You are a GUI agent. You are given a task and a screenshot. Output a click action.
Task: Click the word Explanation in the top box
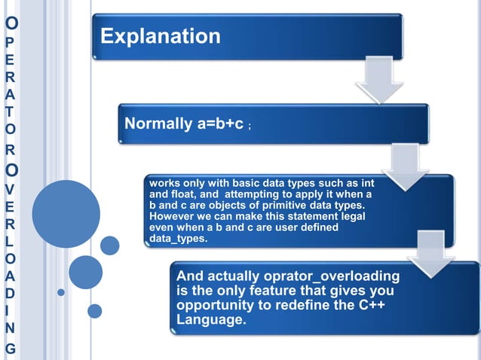point(161,36)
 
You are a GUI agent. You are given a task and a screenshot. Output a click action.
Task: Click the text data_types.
point(178,239)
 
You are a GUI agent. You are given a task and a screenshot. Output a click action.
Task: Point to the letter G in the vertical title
point(9,349)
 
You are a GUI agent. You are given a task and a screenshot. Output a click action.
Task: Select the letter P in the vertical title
point(9,41)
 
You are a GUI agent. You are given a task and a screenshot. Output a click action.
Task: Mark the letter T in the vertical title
point(9,111)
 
